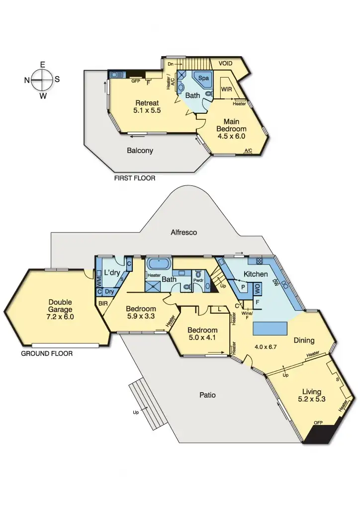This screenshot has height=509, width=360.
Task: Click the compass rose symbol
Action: [43, 80]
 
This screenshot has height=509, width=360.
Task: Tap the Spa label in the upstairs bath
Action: [203, 79]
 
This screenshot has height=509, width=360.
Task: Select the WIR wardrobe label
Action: [226, 89]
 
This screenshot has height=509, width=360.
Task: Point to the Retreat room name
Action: [148, 103]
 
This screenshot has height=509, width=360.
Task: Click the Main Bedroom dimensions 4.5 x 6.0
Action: [231, 136]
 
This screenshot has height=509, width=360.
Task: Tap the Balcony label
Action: [140, 151]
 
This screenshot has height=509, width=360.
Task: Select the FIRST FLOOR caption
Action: [135, 178]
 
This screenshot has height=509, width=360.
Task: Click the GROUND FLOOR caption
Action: [47, 354]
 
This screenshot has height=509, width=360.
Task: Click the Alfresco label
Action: [183, 232]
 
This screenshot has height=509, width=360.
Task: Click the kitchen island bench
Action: [271, 328]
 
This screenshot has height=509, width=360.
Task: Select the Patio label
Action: [207, 395]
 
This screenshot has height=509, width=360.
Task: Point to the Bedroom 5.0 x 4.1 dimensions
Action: [202, 339]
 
